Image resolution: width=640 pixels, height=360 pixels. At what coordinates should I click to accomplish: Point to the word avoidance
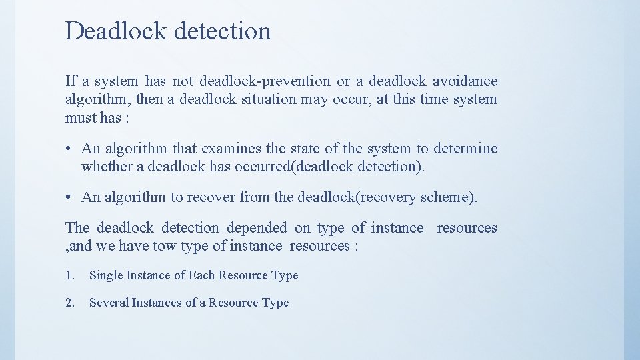(465, 81)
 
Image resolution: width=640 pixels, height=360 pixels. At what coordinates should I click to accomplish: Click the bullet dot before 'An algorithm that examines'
(69, 149)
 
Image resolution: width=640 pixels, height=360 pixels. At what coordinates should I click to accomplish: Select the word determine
(465, 149)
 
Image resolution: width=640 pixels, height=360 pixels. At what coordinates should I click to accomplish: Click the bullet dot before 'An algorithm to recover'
(69, 197)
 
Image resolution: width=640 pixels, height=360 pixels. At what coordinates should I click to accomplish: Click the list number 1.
(70, 275)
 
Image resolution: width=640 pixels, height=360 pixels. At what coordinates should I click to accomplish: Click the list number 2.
(70, 303)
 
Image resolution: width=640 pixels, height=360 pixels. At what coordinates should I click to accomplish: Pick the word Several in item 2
(109, 303)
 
